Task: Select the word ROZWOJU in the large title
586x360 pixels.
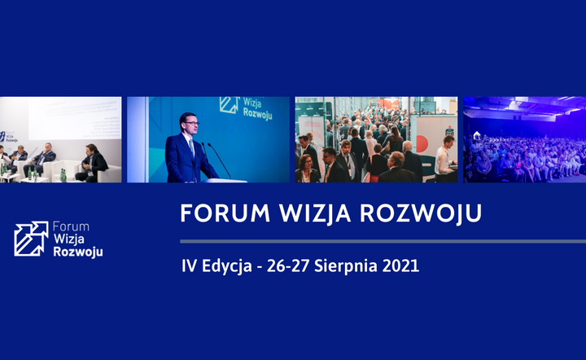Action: (x=421, y=214)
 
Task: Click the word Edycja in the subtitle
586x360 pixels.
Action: (x=227, y=266)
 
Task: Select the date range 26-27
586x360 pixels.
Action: (x=288, y=266)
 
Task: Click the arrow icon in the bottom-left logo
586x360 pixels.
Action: (x=31, y=239)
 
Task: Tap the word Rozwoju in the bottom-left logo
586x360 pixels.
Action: (x=78, y=252)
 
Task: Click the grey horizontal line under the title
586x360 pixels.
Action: (x=383, y=242)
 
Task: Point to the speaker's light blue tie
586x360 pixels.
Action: (x=192, y=147)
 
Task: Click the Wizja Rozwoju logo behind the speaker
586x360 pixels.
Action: (x=246, y=108)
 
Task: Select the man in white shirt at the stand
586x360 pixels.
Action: (x=444, y=158)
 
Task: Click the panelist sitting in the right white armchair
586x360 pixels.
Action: (x=92, y=163)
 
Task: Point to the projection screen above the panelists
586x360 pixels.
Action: (x=74, y=118)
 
